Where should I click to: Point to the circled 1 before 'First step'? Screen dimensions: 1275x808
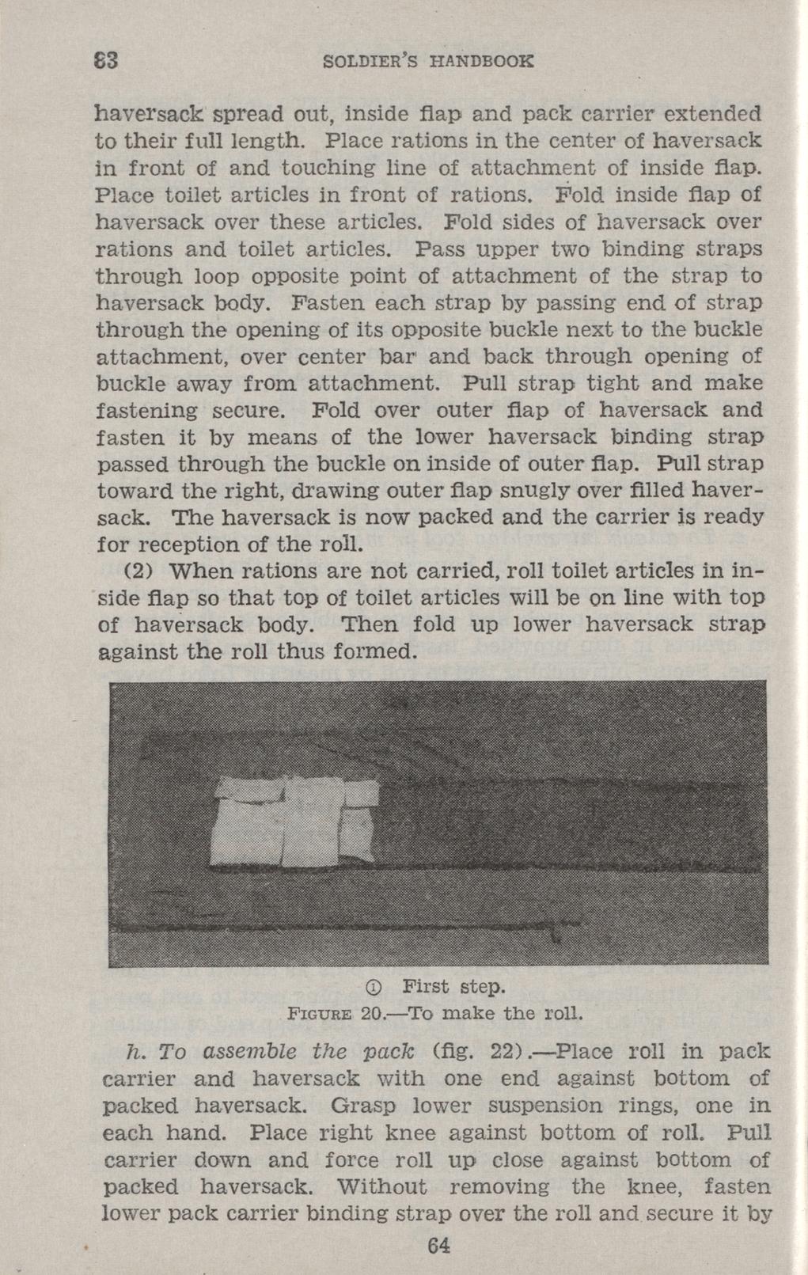click(375, 987)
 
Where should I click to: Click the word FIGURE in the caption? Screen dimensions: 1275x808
click(320, 1014)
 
